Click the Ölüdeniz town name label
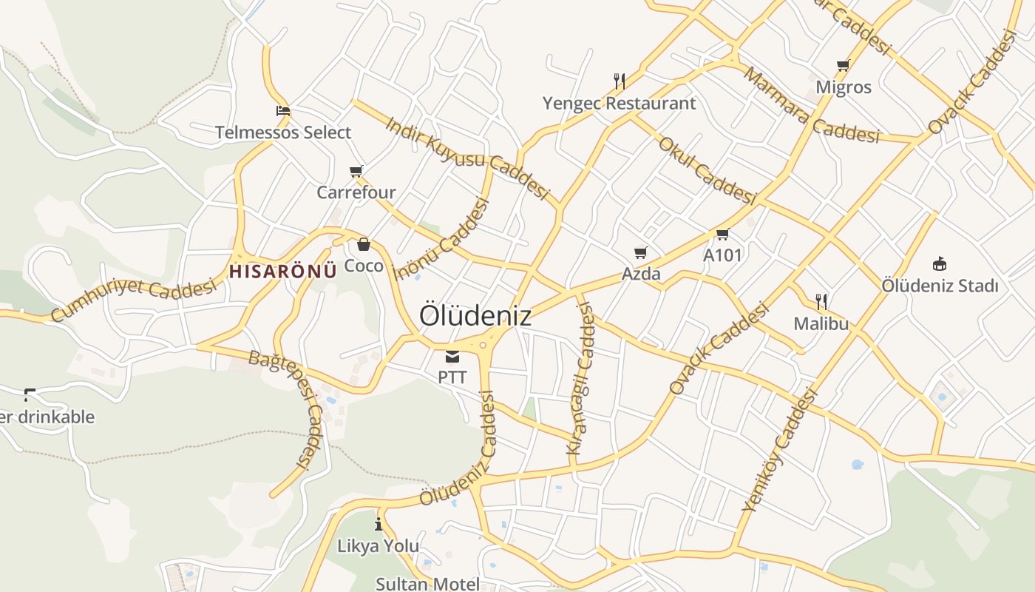click(475, 315)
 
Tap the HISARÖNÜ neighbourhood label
click(282, 271)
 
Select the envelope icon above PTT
click(452, 357)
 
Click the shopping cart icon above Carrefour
click(356, 172)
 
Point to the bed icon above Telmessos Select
click(282, 112)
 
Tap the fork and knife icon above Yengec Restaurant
click(620, 81)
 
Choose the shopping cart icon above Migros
click(843, 66)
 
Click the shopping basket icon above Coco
click(364, 244)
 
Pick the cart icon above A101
click(722, 235)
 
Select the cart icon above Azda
click(641, 253)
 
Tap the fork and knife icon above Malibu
click(821, 301)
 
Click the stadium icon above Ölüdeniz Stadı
click(940, 263)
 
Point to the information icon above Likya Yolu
click(379, 525)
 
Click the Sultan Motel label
click(427, 583)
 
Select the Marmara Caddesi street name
click(812, 105)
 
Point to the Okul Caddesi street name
click(707, 171)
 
